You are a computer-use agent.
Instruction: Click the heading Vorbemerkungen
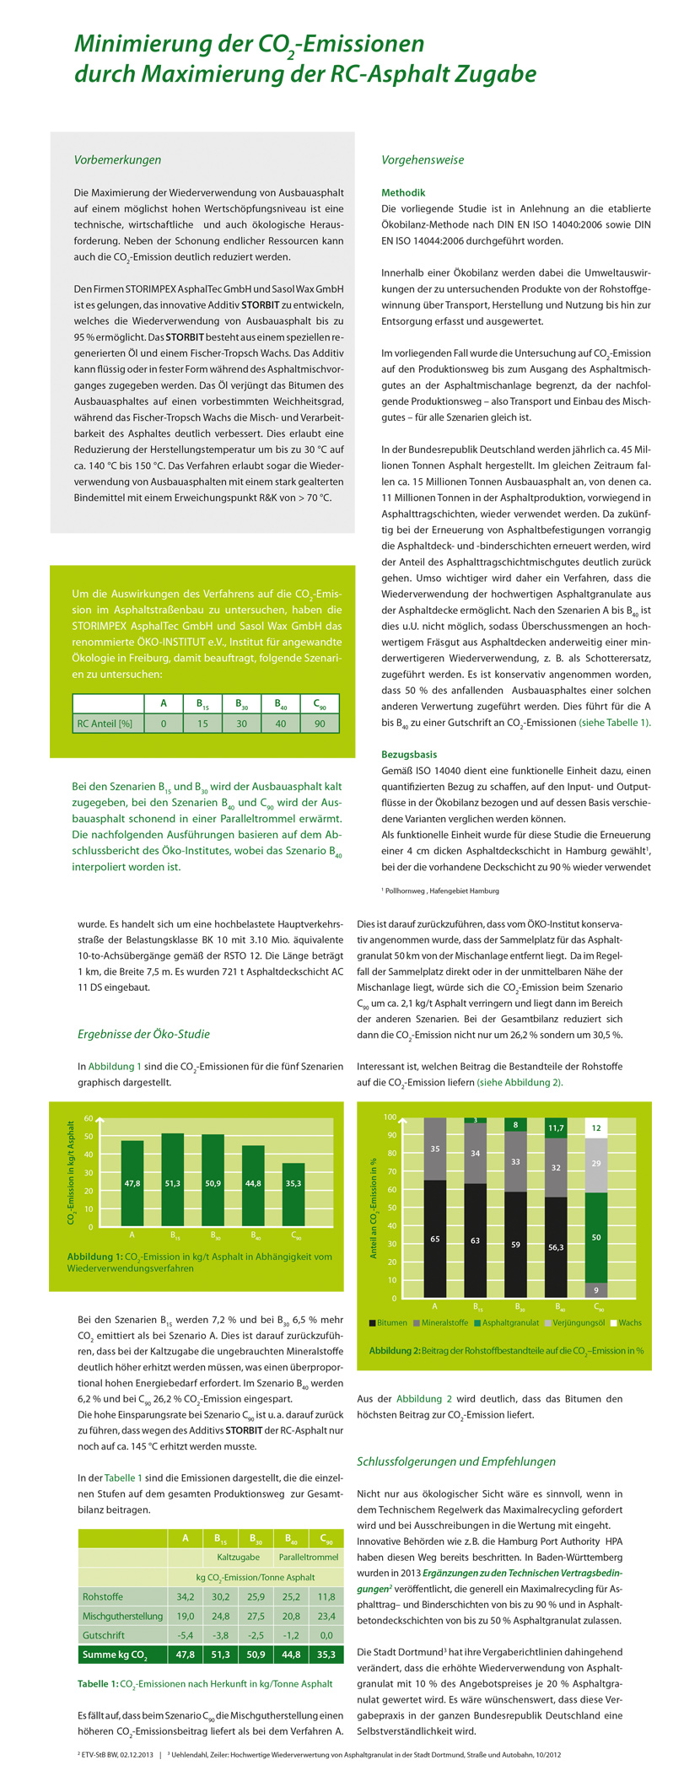pos(117,159)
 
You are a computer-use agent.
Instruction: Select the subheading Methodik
pos(403,193)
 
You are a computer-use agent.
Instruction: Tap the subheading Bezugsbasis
pos(409,755)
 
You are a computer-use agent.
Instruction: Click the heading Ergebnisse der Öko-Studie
pos(143,1034)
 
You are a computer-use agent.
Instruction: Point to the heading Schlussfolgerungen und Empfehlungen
pos(456,1461)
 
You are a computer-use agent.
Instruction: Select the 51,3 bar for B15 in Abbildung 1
pos(173,1181)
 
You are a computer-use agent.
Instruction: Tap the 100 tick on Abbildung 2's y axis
pos(390,1117)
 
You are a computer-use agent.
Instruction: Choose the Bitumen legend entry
pos(387,1323)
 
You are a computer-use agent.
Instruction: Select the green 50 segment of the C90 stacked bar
pos(596,1237)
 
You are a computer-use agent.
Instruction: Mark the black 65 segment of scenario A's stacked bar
pos(434,1239)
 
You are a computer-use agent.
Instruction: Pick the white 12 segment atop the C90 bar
pos(596,1127)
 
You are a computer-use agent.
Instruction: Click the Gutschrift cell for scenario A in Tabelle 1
pos(185,1635)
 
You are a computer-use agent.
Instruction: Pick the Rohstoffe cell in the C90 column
pos(326,1596)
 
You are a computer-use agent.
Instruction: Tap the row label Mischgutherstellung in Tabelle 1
pos(122,1616)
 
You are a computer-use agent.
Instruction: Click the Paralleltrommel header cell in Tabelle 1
pos(309,1557)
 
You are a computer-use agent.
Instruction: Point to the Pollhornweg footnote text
pos(442,891)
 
